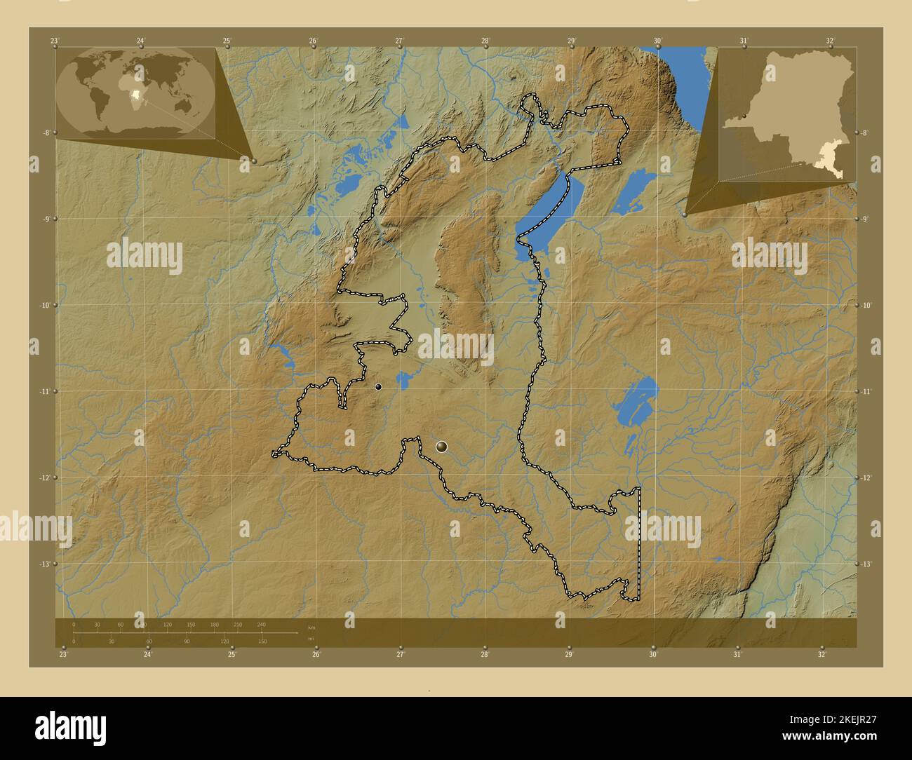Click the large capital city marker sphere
[x=441, y=446]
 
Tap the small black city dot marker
[x=378, y=386]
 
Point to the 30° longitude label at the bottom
[x=653, y=655]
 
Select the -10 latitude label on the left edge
[x=45, y=305]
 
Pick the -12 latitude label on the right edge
[x=866, y=477]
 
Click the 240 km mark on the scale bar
[x=261, y=624]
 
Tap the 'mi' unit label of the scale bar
[x=311, y=639]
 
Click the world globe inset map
[x=135, y=93]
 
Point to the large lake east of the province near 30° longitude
[x=635, y=403]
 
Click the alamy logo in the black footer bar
[x=71, y=728]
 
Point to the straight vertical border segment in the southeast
[x=639, y=543]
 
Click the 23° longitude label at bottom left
[x=63, y=655]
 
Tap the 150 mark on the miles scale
[x=262, y=641]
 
